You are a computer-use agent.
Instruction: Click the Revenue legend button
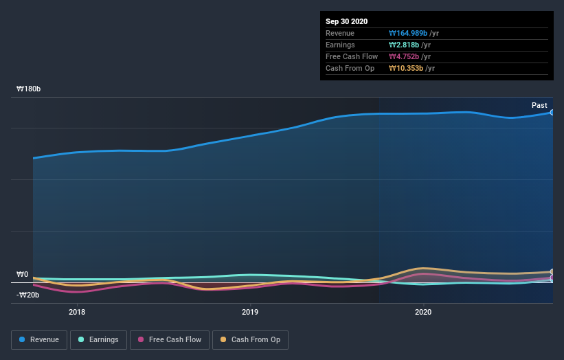[x=39, y=339]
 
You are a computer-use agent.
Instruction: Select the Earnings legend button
[x=98, y=339]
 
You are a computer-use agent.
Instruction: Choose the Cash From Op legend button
[x=250, y=339]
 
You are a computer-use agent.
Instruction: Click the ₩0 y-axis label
[x=22, y=275]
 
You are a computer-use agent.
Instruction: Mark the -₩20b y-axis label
[x=27, y=295]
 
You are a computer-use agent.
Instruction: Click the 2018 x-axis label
[x=77, y=311]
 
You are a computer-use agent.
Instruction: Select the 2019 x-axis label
[x=250, y=311]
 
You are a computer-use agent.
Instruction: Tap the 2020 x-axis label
[x=423, y=311]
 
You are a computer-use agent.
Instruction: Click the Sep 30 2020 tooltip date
[x=347, y=21]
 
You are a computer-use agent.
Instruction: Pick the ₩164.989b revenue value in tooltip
[x=408, y=33]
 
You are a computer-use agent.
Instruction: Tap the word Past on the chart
[x=539, y=105]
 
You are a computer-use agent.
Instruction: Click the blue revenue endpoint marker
[x=552, y=112]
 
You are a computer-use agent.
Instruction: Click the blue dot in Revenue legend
[x=23, y=339]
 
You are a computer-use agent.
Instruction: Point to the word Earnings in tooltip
[x=341, y=45]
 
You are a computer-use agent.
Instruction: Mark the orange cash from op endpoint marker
[x=552, y=272]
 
